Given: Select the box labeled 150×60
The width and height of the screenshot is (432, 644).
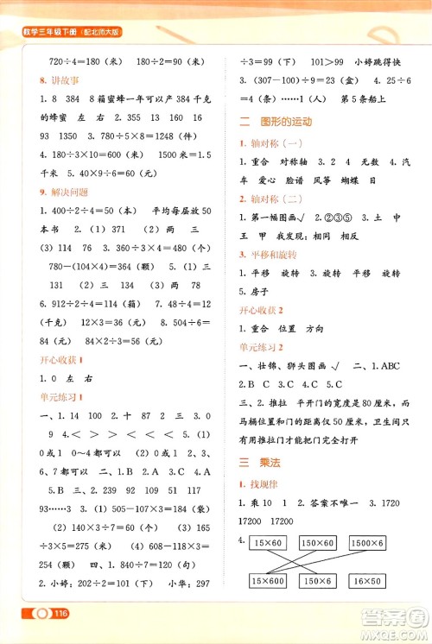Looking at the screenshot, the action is [x=318, y=541].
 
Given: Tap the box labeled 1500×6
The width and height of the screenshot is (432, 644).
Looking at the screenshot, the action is [x=368, y=541].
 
